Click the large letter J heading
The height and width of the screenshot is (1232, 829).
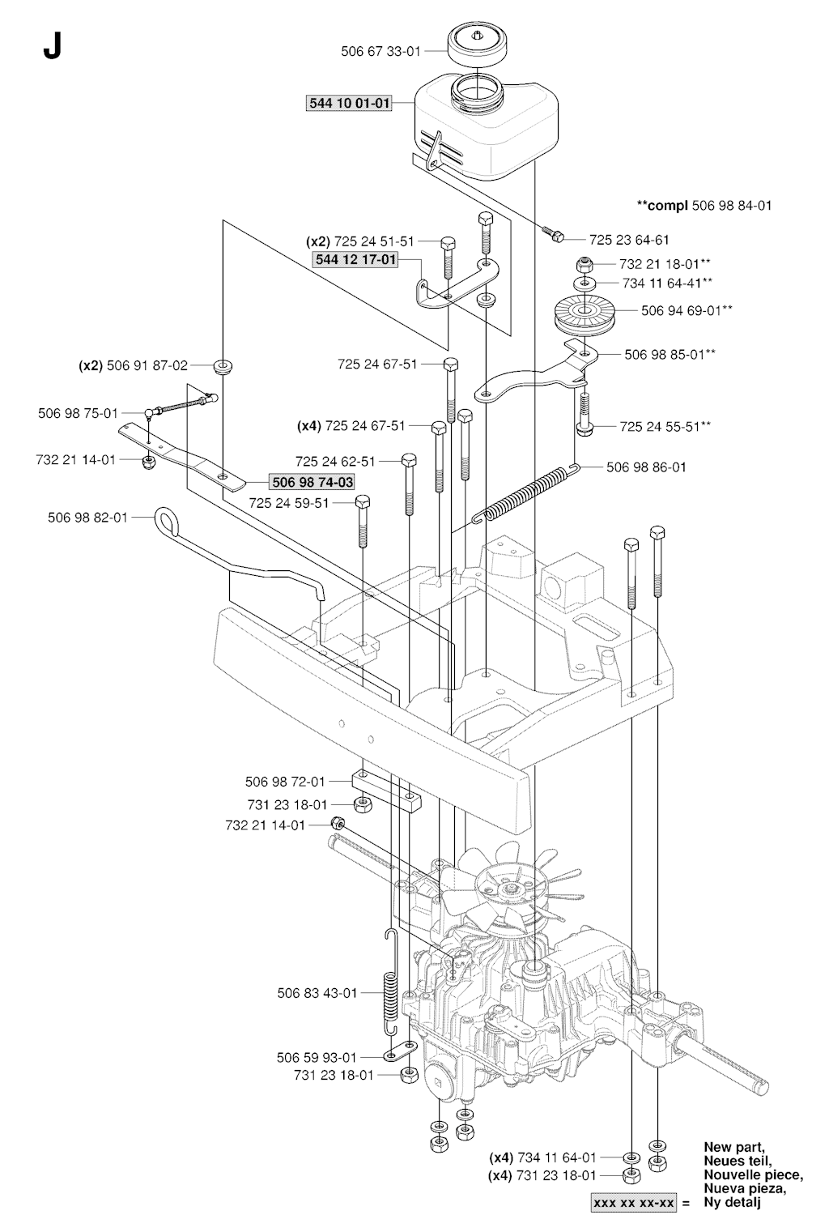tap(52, 49)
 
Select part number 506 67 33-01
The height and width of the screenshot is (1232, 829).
tap(380, 51)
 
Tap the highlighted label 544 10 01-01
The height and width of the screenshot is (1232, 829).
tap(349, 104)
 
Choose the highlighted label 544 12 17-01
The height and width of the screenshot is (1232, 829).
tap(355, 259)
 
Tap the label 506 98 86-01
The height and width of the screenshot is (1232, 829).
tap(646, 467)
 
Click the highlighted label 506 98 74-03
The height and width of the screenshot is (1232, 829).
tap(312, 483)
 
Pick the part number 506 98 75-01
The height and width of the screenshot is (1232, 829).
tap(78, 413)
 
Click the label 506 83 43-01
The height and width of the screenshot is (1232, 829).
tap(317, 992)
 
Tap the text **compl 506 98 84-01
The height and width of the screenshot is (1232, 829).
tap(704, 205)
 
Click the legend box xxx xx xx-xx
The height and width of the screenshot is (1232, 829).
tap(635, 1203)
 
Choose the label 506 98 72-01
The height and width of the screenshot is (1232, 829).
tap(285, 782)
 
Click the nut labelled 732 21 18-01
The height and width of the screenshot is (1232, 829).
tap(582, 265)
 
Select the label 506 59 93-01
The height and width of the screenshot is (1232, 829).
tap(317, 1057)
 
